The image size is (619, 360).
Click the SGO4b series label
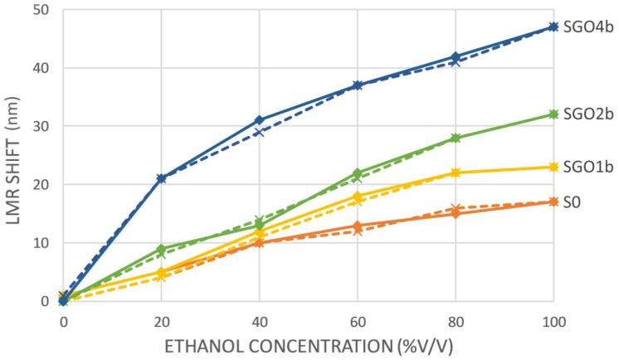[587, 27]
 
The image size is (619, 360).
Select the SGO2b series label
[587, 114]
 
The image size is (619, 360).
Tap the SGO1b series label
[587, 167]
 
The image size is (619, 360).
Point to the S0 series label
[573, 202]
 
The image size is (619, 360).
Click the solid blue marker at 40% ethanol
[259, 120]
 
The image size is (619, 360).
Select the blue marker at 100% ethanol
[553, 27]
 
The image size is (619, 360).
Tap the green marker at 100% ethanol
[553, 114]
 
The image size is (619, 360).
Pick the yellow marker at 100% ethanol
[553, 167]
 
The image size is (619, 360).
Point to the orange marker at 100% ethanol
[553, 202]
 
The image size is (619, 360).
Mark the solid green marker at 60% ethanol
[357, 173]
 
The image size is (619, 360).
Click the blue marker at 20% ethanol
[161, 178]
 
